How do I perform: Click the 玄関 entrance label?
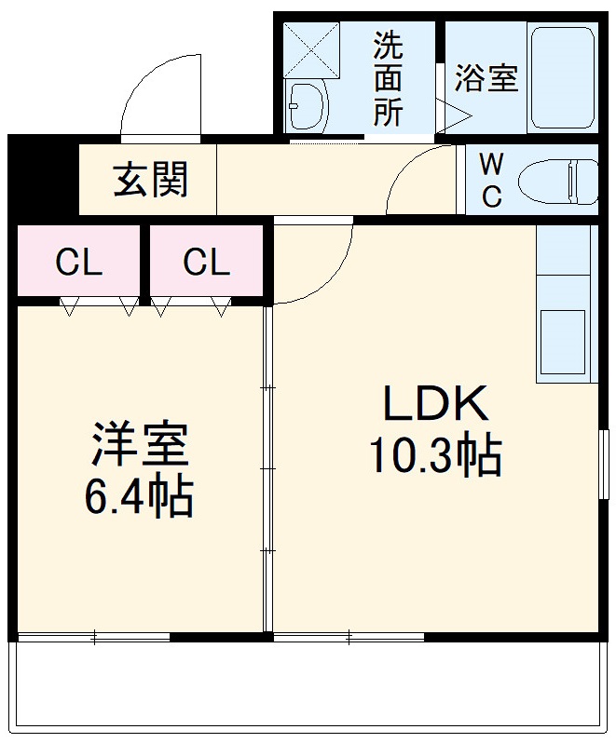[151, 180]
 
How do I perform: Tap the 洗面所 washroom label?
[389, 79]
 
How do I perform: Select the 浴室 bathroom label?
[486, 79]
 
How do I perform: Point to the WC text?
[491, 180]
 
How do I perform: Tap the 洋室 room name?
[141, 445]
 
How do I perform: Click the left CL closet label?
[78, 263]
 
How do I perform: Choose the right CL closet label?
[206, 263]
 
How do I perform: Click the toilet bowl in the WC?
[557, 179]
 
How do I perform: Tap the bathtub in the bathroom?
[562, 78]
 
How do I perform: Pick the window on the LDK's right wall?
[603, 463]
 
